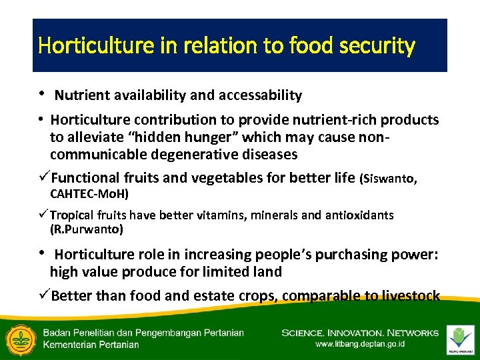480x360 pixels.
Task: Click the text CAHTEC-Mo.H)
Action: [x=89, y=195]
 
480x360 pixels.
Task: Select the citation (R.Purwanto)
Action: [x=86, y=229]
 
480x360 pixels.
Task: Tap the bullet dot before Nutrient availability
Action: [x=42, y=94]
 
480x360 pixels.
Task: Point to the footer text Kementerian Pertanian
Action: [x=91, y=345]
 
